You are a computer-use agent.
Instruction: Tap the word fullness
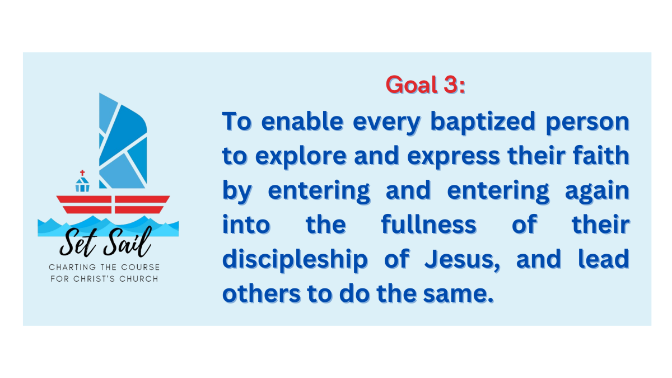click(428, 225)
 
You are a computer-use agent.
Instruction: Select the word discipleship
click(295, 259)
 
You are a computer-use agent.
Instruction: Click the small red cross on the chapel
click(83, 173)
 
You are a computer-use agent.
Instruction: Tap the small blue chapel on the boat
click(83, 184)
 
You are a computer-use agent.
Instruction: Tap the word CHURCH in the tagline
click(138, 278)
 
